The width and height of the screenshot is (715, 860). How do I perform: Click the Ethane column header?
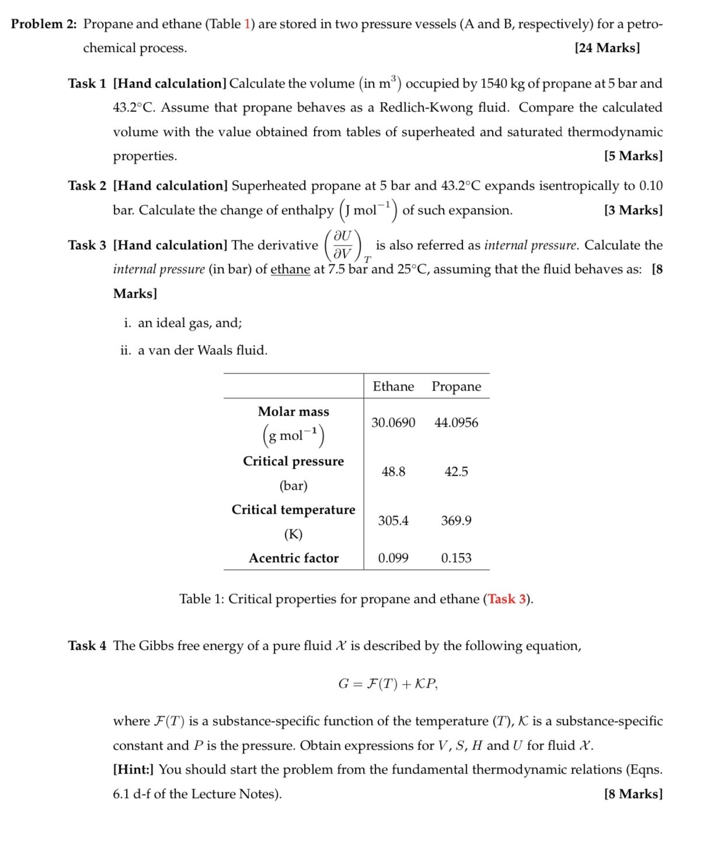tap(393, 387)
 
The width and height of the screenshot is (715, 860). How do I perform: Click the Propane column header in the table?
tap(456, 387)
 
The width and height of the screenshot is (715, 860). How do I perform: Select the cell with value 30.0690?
tap(393, 423)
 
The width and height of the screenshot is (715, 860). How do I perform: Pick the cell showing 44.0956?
tap(456, 423)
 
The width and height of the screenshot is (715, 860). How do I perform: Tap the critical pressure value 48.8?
tap(393, 472)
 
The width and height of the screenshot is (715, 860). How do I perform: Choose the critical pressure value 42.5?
tap(456, 472)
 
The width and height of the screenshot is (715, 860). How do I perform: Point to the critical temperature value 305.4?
tap(393, 521)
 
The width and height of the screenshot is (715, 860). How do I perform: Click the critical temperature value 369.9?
tap(456, 521)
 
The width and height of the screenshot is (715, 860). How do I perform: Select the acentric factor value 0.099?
tap(393, 558)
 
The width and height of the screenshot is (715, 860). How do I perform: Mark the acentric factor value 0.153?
tap(456, 558)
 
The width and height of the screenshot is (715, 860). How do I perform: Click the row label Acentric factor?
tap(294, 558)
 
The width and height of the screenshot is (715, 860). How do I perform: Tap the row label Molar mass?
tap(294, 412)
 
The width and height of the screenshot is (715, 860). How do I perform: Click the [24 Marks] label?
tap(607, 48)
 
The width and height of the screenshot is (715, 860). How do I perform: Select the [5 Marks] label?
tap(633, 156)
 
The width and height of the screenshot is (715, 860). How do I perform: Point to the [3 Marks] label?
tap(633, 210)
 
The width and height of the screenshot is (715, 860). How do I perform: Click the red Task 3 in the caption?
tap(507, 599)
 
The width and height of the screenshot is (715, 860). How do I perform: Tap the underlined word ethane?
tap(290, 270)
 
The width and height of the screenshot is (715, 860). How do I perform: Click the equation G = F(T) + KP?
tap(388, 684)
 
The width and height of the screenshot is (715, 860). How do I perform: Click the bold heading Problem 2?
tap(44, 24)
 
